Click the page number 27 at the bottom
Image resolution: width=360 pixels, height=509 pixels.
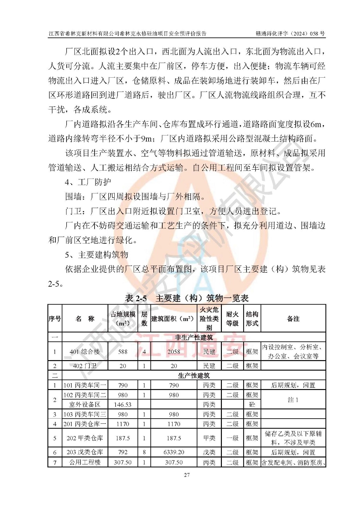[187, 475]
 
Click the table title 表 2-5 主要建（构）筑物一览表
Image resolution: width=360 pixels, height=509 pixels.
[187, 298]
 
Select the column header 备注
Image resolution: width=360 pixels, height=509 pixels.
[293, 318]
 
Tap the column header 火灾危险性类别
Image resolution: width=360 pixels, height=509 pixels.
[209, 318]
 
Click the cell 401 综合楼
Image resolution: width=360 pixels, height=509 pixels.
[85, 352]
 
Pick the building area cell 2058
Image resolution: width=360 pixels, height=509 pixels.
[174, 352]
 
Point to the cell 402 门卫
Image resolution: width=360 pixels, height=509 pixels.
[85, 366]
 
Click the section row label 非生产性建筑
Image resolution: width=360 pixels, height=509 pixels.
[194, 337]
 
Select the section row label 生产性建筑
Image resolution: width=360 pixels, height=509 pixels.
[194, 376]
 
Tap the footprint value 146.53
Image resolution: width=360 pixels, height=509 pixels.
[123, 405]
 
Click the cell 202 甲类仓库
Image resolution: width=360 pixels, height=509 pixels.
[85, 438]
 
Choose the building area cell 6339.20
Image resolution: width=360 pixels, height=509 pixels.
[174, 452]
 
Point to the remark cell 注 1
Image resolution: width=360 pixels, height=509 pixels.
[293, 400]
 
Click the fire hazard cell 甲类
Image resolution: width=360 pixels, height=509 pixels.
[209, 438]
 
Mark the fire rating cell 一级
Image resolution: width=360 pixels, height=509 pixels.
[232, 438]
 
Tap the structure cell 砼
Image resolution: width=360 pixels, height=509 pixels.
[252, 405]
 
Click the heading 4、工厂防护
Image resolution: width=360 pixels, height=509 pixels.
[88, 182]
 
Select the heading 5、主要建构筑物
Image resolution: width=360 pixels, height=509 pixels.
[97, 254]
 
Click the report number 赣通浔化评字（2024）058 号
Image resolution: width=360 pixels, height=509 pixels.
[290, 33]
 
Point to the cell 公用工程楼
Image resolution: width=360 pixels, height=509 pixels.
[85, 462]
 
